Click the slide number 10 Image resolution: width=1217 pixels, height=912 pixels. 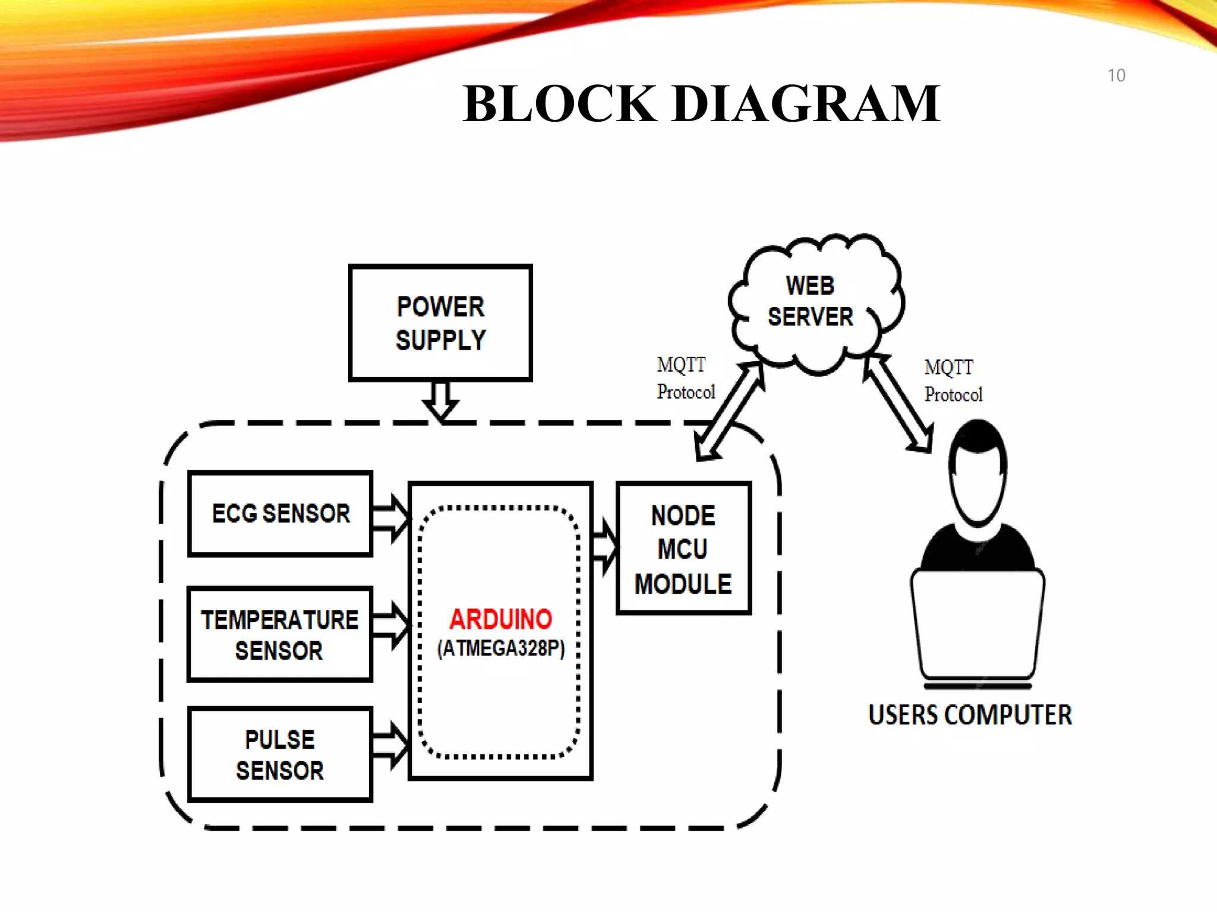pos(1116,75)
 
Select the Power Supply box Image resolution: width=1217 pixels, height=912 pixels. pos(440,322)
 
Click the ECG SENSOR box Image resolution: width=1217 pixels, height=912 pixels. pos(280,514)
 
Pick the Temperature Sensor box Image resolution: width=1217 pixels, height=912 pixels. pos(279,634)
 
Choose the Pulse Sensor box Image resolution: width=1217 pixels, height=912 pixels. pos(280,754)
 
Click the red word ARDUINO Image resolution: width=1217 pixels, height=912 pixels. pos(500,619)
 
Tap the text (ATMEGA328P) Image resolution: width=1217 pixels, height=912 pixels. pos(500,648)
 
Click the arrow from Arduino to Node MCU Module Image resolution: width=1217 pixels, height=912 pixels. pos(605,547)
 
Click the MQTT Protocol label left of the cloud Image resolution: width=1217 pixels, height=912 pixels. pos(685,378)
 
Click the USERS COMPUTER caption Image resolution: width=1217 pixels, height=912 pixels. pos(970,715)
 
